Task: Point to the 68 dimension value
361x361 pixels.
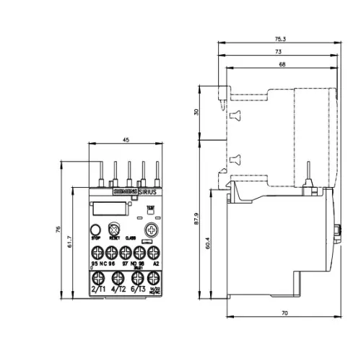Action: pyautogui.click(x=281, y=66)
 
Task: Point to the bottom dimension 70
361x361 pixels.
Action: pyautogui.click(x=284, y=314)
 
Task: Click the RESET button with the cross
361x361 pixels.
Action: pyautogui.click(x=113, y=230)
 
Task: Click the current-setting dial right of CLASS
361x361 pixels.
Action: pyautogui.click(x=152, y=230)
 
